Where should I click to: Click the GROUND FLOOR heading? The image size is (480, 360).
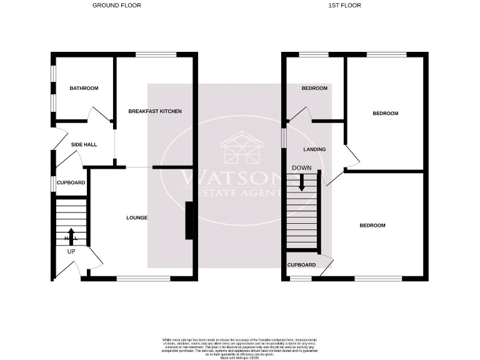pos(116,5)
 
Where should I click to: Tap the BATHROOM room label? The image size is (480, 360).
pos(84,89)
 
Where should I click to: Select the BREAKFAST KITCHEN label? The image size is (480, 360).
pos(155,111)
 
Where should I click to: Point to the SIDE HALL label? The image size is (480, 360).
pos(84,145)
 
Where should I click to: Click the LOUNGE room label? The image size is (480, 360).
pos(136,217)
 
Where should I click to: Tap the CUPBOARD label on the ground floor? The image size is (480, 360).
pos(71,183)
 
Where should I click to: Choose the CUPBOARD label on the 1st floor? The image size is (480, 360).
pos(301,265)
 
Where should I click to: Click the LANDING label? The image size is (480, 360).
pos(314,150)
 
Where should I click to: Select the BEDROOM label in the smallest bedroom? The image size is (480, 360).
pos(314,89)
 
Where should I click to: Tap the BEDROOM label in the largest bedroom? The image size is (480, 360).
pos(372,226)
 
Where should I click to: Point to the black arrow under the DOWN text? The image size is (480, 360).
pos(302,182)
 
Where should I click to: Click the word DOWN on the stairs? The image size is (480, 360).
pos(302,168)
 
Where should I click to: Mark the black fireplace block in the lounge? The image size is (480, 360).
pos(189,221)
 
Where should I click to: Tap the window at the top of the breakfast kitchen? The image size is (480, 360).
pos(155,55)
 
